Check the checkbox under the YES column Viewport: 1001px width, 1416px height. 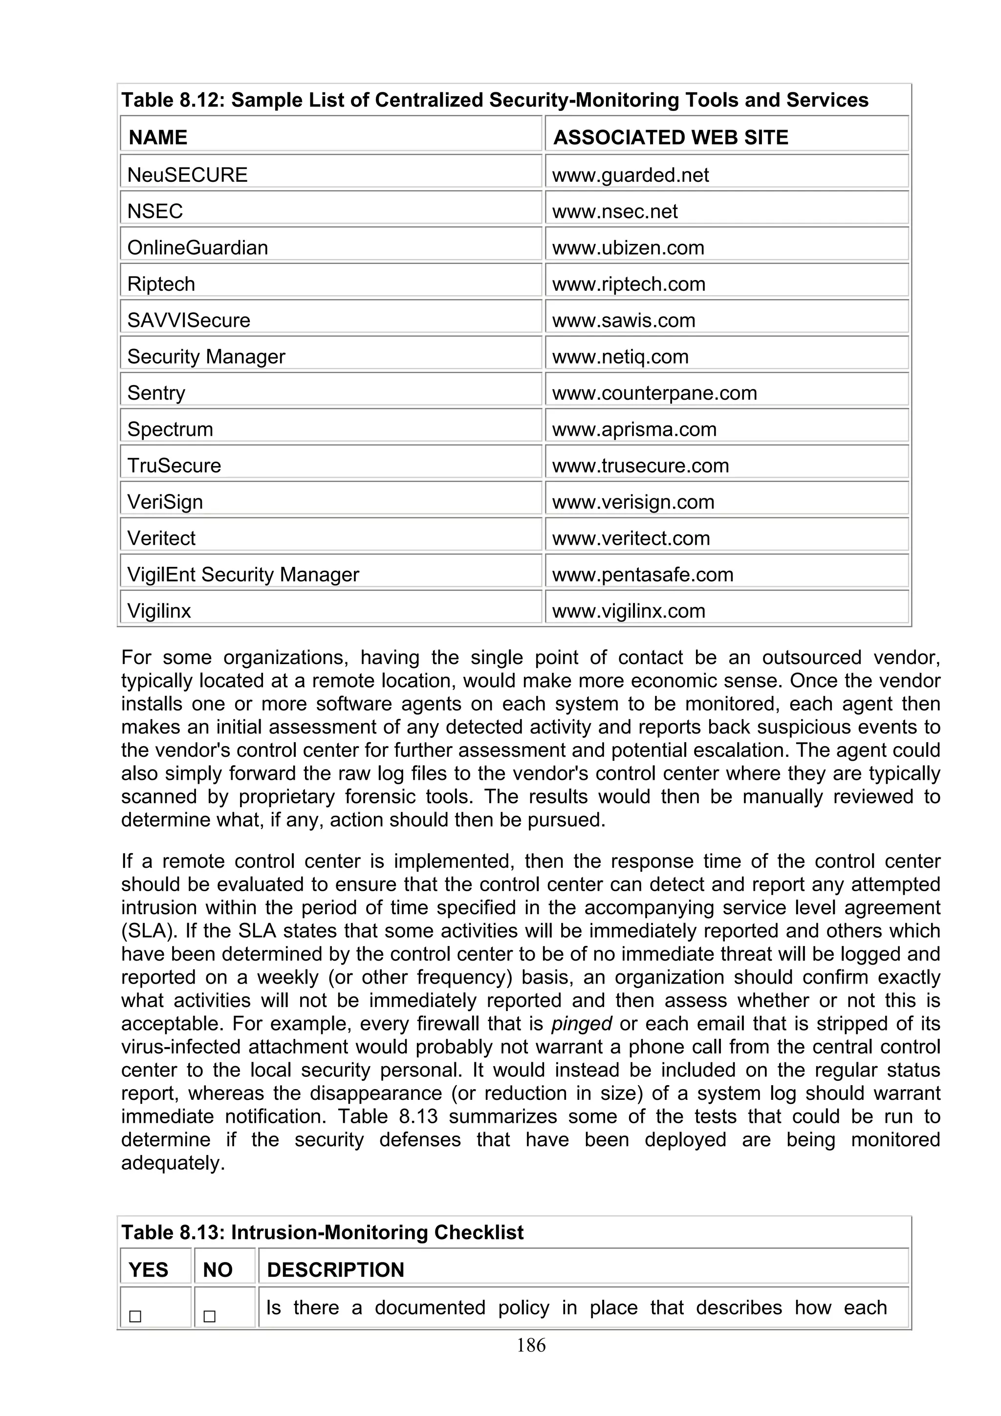(135, 1317)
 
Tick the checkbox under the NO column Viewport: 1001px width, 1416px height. (209, 1317)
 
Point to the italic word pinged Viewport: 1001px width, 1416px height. (581, 1024)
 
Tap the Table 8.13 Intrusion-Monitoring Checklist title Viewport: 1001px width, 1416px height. (322, 1233)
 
